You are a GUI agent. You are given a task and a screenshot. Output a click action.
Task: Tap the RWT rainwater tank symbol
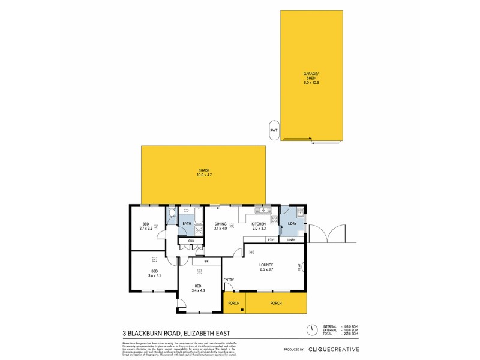coord(274,130)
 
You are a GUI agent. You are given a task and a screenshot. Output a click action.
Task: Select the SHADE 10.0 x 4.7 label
coord(204,173)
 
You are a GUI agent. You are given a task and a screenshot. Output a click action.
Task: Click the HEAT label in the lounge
coord(299,268)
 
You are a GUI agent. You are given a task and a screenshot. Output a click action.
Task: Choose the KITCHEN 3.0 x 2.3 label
coord(259,226)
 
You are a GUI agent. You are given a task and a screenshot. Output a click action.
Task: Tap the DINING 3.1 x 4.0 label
coord(221,226)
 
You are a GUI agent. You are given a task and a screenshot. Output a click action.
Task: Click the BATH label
coord(187,224)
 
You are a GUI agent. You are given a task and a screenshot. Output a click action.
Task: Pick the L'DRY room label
coord(292,224)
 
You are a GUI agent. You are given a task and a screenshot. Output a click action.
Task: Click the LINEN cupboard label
coord(292,240)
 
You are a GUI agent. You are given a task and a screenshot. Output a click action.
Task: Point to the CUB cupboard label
coord(191,241)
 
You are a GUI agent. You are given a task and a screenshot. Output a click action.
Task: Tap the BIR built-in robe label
coord(206,262)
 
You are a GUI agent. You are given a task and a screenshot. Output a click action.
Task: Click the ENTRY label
coord(229,280)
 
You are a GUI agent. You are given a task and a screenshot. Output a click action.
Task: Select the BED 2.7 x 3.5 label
coord(147,227)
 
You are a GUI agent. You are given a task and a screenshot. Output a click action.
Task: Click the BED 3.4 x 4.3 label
coord(199,289)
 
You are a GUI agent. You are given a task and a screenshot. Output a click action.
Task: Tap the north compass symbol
coord(311,330)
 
